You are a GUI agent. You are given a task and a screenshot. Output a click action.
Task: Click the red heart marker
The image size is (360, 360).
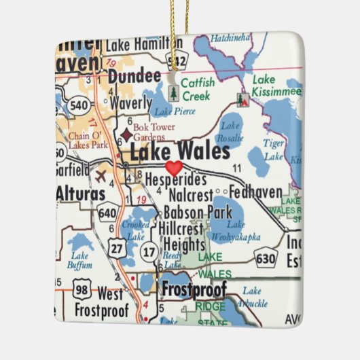[175, 167]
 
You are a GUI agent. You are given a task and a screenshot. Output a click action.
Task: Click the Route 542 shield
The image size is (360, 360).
[179, 61]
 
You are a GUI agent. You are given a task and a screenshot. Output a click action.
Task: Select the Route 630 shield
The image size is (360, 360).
[266, 257]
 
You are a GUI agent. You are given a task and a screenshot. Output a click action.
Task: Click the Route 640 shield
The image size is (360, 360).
[107, 214]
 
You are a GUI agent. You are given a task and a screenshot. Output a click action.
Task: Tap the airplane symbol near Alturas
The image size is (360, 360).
[102, 176]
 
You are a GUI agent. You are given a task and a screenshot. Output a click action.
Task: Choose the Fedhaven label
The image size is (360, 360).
[255, 192]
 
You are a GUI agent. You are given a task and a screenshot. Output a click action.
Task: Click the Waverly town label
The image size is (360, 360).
[130, 103]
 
